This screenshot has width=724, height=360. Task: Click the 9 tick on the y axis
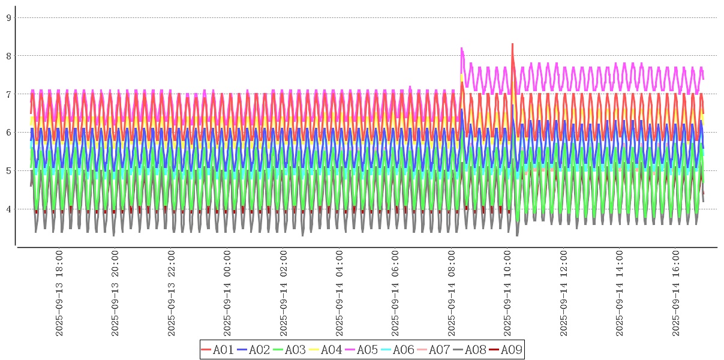(9, 17)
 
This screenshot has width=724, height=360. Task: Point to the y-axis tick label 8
(9, 56)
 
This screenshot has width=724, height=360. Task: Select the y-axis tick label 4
(9, 209)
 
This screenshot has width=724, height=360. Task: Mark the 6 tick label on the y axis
(9, 133)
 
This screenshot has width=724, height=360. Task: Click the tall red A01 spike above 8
(512, 44)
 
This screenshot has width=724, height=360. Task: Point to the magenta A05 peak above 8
(461, 49)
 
